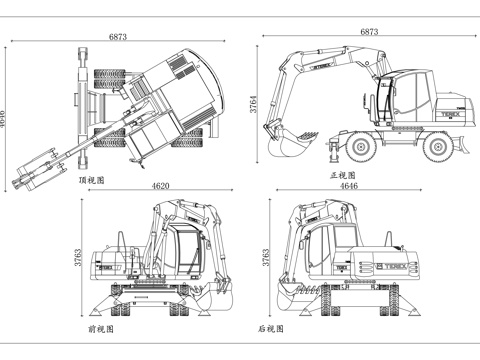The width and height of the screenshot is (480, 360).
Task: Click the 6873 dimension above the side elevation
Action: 369,32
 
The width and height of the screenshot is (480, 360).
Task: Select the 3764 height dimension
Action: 255,103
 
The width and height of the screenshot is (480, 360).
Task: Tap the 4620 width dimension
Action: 160,186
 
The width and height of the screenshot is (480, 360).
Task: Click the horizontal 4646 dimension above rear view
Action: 349,186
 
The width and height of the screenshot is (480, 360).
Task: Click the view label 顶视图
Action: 92,181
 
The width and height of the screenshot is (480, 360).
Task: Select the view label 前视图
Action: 101,328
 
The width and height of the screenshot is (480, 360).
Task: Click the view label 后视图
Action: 270,328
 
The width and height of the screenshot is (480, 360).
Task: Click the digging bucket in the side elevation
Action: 288,143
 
